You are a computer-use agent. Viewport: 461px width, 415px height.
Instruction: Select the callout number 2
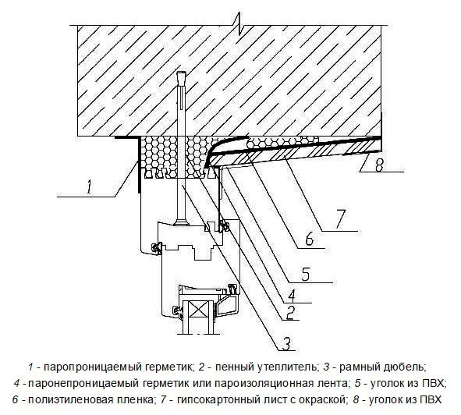289,312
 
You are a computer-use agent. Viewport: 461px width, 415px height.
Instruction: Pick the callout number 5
306,274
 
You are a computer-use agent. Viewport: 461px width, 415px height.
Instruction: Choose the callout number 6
309,239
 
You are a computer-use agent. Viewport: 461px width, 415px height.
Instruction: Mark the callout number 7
339,219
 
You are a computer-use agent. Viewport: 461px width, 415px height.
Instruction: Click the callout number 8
380,165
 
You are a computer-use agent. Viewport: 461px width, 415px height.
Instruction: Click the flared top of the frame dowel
182,77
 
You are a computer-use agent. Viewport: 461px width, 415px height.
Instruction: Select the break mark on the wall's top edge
240,24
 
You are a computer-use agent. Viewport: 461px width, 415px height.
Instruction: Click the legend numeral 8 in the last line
356,400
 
